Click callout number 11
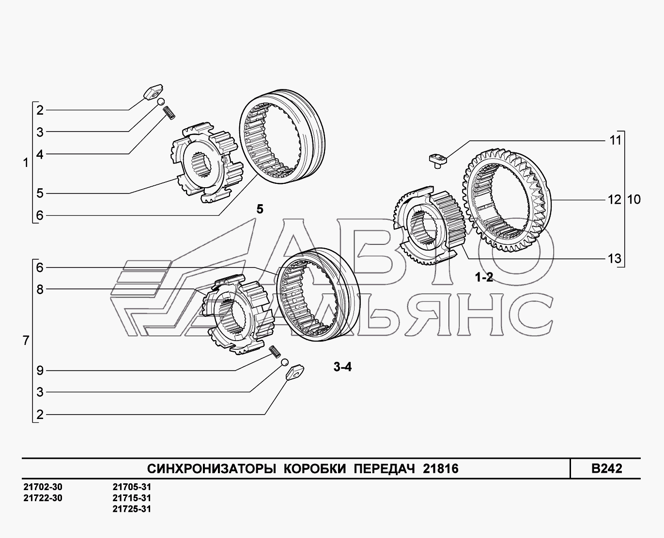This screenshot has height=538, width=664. [615, 140]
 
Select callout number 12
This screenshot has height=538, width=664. [615, 199]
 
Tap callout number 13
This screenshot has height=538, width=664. [615, 258]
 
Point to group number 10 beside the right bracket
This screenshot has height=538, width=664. [633, 199]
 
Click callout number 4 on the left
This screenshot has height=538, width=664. [40, 154]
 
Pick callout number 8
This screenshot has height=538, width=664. [40, 289]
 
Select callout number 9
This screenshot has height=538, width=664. [40, 371]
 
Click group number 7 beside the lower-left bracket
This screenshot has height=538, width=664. [26, 341]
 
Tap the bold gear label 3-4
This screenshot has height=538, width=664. [342, 367]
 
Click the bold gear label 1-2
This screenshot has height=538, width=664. [484, 277]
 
